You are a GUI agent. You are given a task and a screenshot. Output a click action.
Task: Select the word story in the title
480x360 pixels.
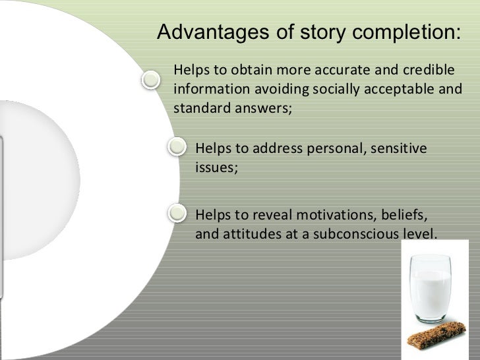[x=315, y=33]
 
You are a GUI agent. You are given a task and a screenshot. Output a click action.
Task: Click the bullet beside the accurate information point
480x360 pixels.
[x=151, y=79]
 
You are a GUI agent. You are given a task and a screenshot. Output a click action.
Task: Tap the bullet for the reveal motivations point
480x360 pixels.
[x=177, y=212]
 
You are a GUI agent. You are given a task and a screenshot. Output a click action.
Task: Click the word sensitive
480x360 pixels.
[x=398, y=149]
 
